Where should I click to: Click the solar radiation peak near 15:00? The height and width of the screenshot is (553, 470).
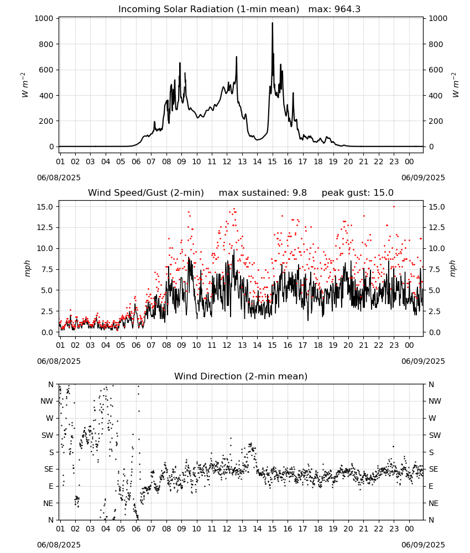[x=272, y=23]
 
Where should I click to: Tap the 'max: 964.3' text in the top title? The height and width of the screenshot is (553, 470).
[x=335, y=9]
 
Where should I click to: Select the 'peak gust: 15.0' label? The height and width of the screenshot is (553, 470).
[x=358, y=192]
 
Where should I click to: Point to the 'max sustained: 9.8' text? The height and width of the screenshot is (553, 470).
[x=263, y=192]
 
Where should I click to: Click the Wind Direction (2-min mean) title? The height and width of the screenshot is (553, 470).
[x=241, y=376]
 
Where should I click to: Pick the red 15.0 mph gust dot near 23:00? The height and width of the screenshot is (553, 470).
[x=394, y=207]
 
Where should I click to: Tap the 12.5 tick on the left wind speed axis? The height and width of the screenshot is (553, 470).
[x=45, y=227]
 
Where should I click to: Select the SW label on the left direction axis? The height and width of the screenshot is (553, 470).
[x=48, y=435]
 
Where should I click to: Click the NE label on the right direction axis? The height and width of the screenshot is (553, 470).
[x=434, y=503]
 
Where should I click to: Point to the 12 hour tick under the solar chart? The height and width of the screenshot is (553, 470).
[x=227, y=161]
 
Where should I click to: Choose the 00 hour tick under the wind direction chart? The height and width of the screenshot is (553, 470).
[x=409, y=529]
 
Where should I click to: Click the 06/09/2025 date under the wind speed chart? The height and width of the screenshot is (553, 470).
[x=423, y=361]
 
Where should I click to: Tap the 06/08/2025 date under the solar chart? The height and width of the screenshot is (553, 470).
[x=59, y=178]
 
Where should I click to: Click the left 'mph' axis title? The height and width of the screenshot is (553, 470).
[x=28, y=268]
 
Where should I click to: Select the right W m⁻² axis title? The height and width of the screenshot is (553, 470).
[x=455, y=85]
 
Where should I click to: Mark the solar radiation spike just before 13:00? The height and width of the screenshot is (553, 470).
[x=237, y=57]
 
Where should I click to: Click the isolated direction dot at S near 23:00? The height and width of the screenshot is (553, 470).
[x=394, y=446]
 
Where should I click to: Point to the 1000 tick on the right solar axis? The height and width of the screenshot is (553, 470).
[x=438, y=18]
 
